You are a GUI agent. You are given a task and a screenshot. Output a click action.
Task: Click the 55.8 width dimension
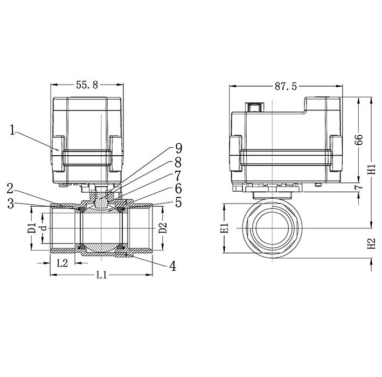pos(87,85)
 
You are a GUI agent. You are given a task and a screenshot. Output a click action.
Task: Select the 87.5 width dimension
pos(286,86)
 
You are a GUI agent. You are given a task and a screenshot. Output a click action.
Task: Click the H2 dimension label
pos(371,243)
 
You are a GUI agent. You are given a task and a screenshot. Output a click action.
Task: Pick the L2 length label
pos(62,263)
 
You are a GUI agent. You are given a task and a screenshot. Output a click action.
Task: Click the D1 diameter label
pos(32,228)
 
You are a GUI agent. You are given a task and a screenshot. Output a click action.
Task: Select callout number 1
pos(13,129)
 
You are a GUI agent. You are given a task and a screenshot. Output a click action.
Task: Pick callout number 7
pos(178,175)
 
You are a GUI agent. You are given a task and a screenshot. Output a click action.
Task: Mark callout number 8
pos(178,162)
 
